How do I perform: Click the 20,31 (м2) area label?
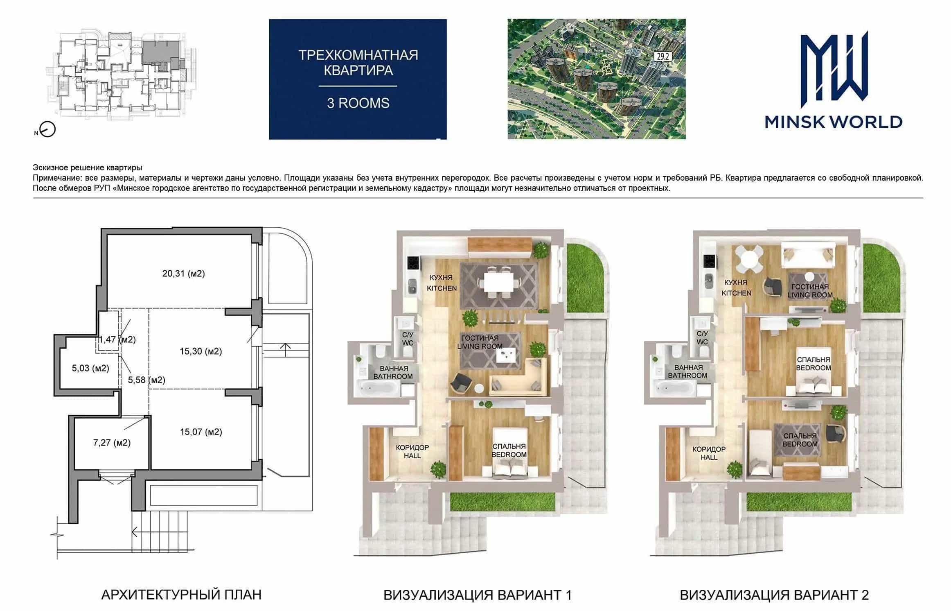(x=183, y=274)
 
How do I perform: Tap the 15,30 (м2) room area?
(x=201, y=351)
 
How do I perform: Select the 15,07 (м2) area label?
(x=201, y=432)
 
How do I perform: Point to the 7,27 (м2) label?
(x=112, y=443)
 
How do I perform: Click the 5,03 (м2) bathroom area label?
(x=90, y=368)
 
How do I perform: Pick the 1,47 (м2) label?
(x=117, y=339)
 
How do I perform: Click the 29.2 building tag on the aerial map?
(x=662, y=57)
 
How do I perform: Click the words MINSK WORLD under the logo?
(x=834, y=122)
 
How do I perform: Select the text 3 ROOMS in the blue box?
(x=358, y=103)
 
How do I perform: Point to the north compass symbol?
(x=48, y=130)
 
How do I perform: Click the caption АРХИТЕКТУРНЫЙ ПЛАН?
(x=181, y=595)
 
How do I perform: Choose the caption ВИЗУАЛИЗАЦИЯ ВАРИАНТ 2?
(x=774, y=595)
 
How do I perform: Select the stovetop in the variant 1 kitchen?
(x=413, y=263)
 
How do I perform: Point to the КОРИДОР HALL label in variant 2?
(x=709, y=453)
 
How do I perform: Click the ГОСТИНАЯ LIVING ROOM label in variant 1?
(x=480, y=342)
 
